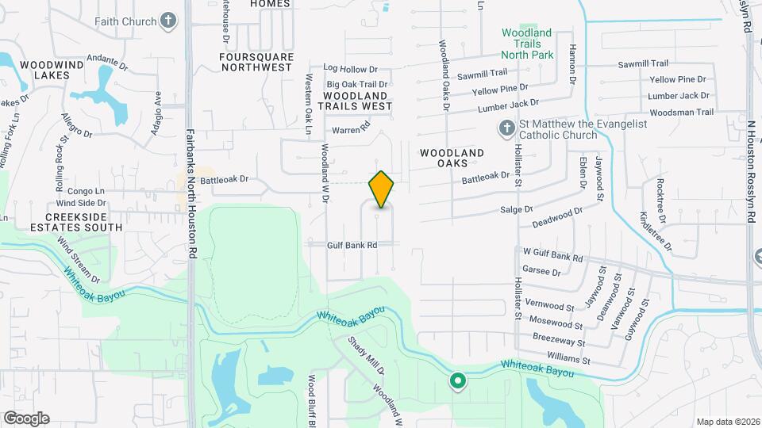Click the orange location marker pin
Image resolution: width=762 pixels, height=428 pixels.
click(x=381, y=189)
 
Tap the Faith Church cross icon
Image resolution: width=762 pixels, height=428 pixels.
click(x=167, y=21)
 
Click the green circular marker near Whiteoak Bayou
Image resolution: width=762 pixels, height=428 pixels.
click(x=458, y=381)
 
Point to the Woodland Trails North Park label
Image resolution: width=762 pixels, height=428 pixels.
click(x=527, y=44)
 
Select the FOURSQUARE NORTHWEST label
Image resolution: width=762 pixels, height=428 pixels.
click(x=256, y=62)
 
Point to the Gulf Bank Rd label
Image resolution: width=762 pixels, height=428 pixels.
click(x=351, y=245)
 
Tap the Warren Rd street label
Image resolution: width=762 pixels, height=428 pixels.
click(x=351, y=128)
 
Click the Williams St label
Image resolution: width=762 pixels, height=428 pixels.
click(x=568, y=359)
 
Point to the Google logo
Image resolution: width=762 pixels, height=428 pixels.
click(x=26, y=418)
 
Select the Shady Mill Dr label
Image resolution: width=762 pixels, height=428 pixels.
click(x=368, y=355)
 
